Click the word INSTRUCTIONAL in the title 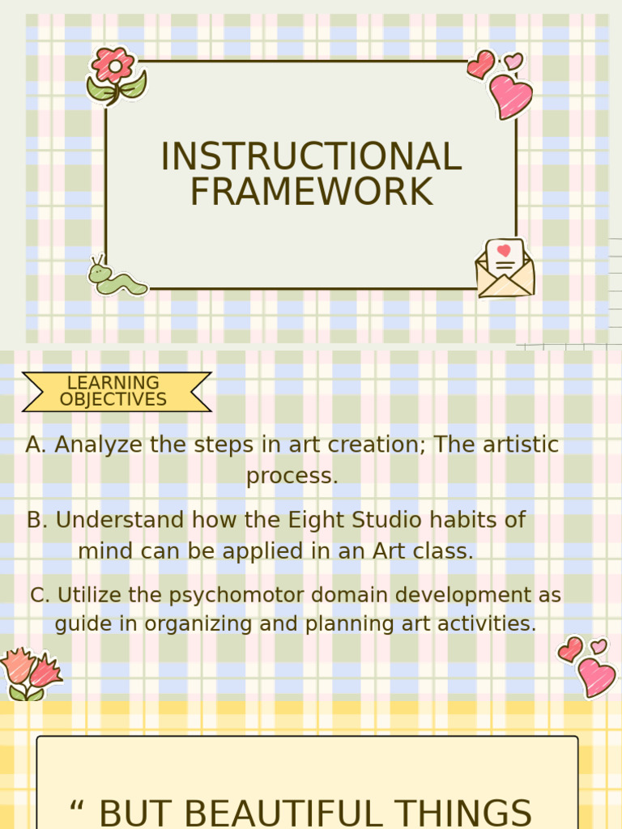[x=311, y=156]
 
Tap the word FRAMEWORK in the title [x=311, y=192]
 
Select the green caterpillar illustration [x=116, y=278]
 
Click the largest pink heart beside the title [x=511, y=96]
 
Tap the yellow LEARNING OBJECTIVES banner [x=115, y=391]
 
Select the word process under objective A [x=292, y=476]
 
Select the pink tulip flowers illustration [x=30, y=673]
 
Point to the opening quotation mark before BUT [x=77, y=810]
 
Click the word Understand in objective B [x=104, y=520]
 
